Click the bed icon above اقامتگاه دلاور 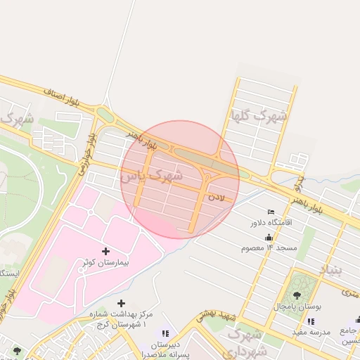(271, 212)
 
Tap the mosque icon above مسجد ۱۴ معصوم (269, 238)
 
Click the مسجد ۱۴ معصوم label (269, 248)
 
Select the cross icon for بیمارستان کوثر (106, 250)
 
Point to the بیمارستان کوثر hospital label (106, 262)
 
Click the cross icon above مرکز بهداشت (121, 303)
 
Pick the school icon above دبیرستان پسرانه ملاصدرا (165, 333)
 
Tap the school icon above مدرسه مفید (311, 321)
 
